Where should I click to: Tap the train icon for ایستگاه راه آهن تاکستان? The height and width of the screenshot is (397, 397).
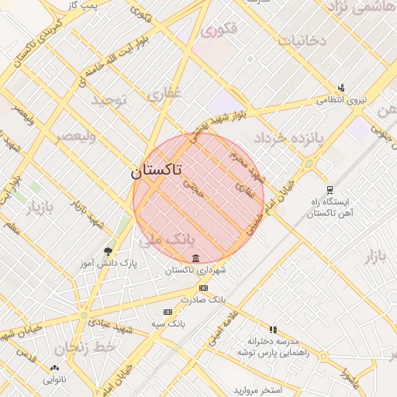(330, 190)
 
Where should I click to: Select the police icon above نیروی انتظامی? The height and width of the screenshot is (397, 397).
(340, 88)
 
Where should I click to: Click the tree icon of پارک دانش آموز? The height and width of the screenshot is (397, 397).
(108, 251)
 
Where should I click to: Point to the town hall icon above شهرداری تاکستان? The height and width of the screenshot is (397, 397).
(195, 258)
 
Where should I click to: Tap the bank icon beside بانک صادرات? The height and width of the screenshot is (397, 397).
(204, 288)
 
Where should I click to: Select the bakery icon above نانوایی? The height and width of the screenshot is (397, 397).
(54, 368)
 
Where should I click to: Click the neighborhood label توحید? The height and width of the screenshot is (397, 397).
(108, 101)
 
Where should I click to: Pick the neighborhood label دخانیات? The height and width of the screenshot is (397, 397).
(302, 40)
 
